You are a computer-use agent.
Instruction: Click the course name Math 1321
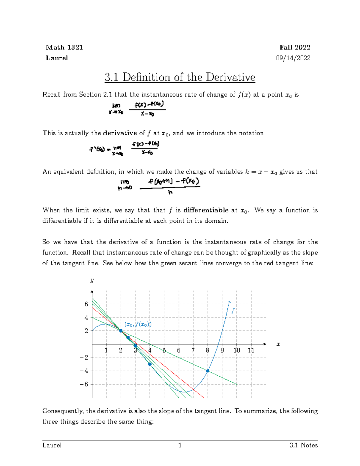pyautogui.click(x=64, y=47)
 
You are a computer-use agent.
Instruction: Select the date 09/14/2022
pyautogui.click(x=293, y=58)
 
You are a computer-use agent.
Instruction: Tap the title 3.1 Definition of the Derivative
pyautogui.click(x=180, y=77)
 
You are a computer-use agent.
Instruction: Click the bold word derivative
pyautogui.click(x=120, y=133)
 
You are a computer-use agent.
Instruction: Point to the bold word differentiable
pyautogui.click(x=206, y=210)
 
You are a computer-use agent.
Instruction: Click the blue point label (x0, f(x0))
pyautogui.click(x=138, y=324)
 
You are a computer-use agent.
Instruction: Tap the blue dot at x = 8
pyautogui.click(x=208, y=371)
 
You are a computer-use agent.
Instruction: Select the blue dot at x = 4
pyautogui.click(x=150, y=364)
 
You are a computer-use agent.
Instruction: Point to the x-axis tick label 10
pyautogui.click(x=237, y=350)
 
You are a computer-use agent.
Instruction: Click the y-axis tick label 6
pyautogui.click(x=86, y=304)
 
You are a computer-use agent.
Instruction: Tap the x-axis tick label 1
pyautogui.click(x=106, y=350)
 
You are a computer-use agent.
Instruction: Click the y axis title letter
pyautogui.click(x=92, y=280)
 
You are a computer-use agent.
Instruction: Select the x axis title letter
pyautogui.click(x=278, y=344)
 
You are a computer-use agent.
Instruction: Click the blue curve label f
pyautogui.click(x=232, y=311)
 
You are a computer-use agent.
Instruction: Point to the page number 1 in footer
pyautogui.click(x=180, y=445)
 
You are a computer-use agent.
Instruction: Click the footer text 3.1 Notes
pyautogui.click(x=304, y=445)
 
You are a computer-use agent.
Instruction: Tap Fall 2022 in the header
pyautogui.click(x=295, y=47)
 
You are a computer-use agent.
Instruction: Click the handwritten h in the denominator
pyautogui.click(x=170, y=193)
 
